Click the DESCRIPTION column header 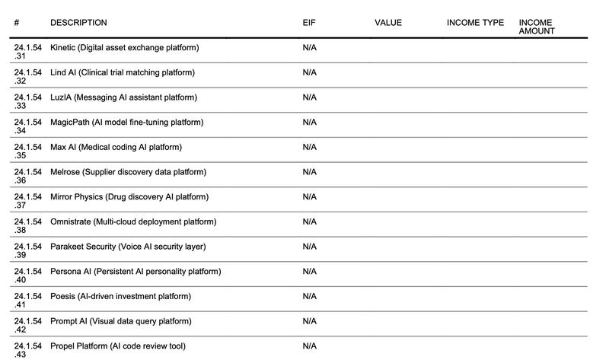click(78, 23)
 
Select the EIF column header click(308, 23)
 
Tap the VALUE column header click(387, 23)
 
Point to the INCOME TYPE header click(475, 23)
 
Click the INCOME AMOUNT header click(537, 27)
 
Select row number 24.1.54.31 click(27, 52)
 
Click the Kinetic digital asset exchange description click(124, 48)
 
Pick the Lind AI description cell click(122, 73)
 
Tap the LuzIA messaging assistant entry click(123, 97)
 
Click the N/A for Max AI click(309, 147)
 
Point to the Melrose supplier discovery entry click(128, 172)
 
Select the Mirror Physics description click(129, 197)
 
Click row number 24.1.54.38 click(27, 226)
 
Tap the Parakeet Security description click(128, 247)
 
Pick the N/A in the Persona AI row click(309, 272)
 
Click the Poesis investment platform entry click(120, 296)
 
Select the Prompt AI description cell click(120, 321)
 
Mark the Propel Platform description click(117, 346)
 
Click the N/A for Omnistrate click(309, 221)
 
